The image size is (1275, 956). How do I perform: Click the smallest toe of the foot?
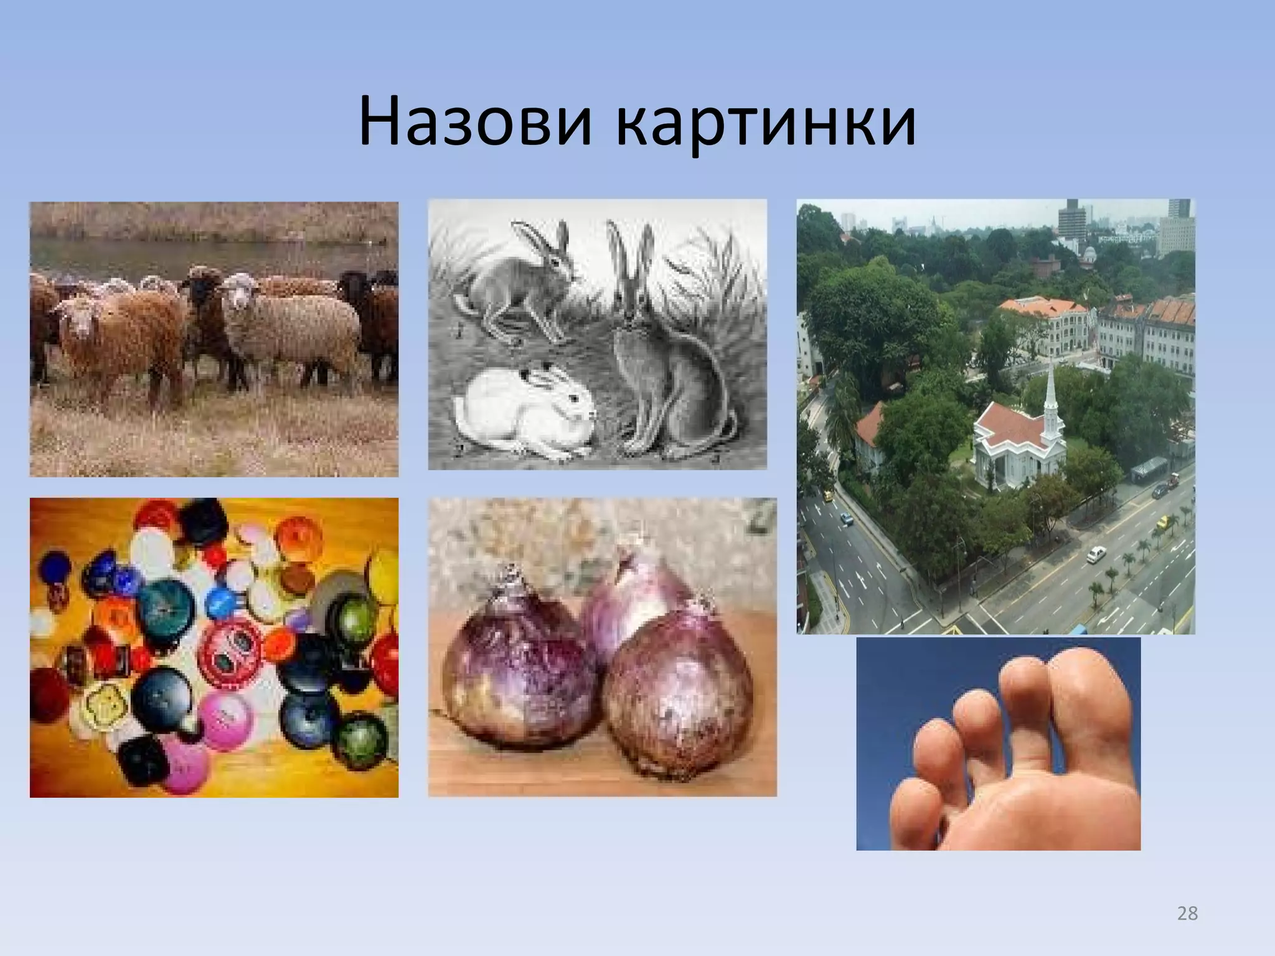(x=915, y=809)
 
